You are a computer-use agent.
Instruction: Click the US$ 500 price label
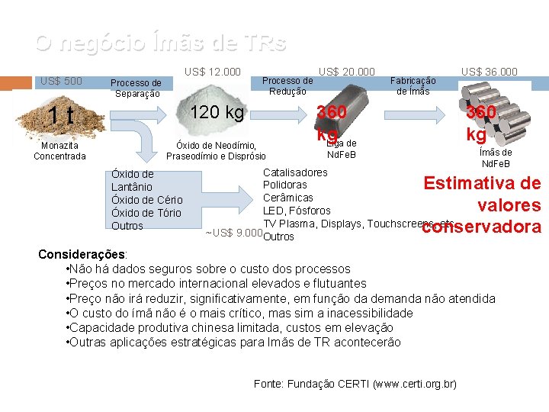click(61, 81)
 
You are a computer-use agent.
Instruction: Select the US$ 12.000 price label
click(213, 72)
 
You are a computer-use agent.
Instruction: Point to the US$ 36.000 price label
click(489, 72)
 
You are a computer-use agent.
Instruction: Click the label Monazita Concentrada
click(59, 150)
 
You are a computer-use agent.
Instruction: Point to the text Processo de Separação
click(136, 89)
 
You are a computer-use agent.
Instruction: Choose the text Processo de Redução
click(287, 85)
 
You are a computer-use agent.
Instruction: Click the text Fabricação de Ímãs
click(413, 85)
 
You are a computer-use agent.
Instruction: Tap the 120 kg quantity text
click(217, 114)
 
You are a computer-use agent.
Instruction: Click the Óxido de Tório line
click(146, 213)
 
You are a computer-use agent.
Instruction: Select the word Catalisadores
click(295, 172)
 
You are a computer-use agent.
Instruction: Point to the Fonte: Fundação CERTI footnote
click(355, 384)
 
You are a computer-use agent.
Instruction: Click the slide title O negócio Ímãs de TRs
click(161, 43)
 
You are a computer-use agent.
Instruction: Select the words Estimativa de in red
click(482, 184)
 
